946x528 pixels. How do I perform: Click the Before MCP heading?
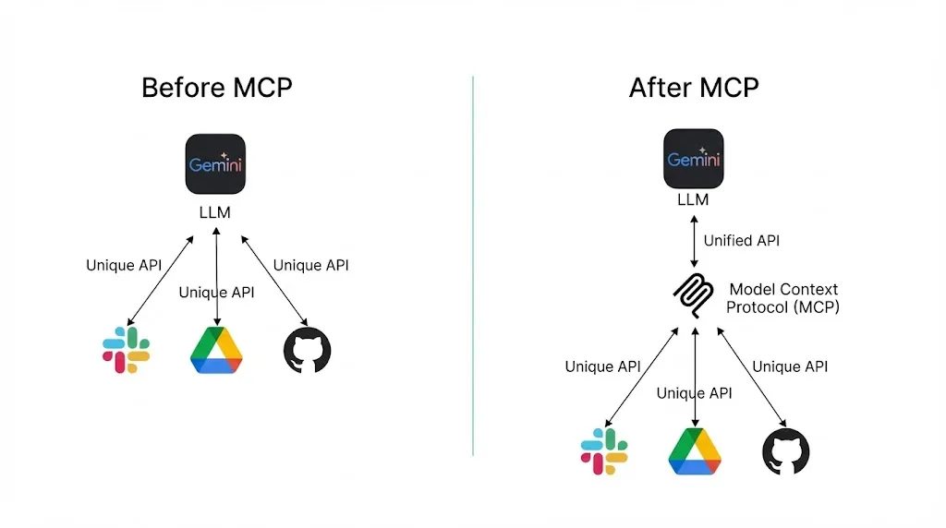[x=216, y=88]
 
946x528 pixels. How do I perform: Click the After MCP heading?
[x=694, y=88]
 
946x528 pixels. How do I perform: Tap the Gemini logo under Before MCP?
[x=215, y=164]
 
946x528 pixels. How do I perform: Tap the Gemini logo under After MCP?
[x=694, y=159]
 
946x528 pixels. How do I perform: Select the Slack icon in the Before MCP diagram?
[x=127, y=350]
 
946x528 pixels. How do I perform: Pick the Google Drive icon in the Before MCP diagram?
[x=216, y=350]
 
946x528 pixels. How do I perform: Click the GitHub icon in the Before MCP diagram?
[x=307, y=350]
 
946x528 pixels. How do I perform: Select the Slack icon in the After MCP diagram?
[x=604, y=450]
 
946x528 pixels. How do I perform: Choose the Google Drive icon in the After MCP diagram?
[x=695, y=451]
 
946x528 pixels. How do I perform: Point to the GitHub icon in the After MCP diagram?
[x=785, y=451]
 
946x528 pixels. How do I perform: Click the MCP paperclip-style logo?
[x=693, y=296]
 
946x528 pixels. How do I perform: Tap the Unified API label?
[x=741, y=241]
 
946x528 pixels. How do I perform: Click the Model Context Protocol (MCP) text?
[x=782, y=298]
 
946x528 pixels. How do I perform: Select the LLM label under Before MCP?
[x=215, y=212]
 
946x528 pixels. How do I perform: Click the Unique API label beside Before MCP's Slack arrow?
[x=124, y=266]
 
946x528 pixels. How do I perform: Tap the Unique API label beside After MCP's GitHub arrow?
[x=790, y=366]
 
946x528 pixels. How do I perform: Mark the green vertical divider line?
[x=473, y=268]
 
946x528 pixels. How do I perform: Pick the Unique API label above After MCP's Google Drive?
[x=695, y=393]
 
